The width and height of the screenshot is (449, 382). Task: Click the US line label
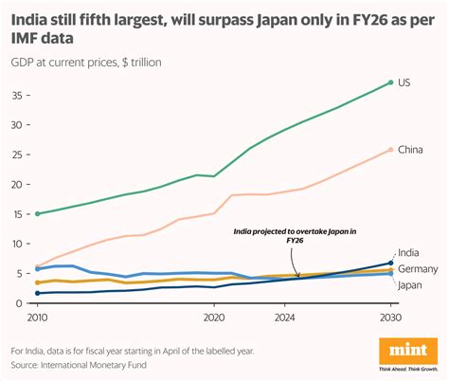(x=404, y=83)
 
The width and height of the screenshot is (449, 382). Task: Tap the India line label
(x=409, y=252)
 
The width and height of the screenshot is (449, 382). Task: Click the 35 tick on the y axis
(x=18, y=96)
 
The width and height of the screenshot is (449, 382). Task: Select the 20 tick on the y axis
(x=18, y=184)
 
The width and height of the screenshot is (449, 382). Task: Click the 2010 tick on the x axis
(x=38, y=318)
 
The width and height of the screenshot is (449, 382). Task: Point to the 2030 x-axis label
(x=388, y=318)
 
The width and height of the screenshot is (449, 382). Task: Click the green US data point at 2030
(x=389, y=82)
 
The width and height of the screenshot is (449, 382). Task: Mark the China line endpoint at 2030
(x=389, y=149)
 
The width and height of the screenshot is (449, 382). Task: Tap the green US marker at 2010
(x=38, y=213)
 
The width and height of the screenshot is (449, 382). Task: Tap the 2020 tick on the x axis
(x=213, y=318)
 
